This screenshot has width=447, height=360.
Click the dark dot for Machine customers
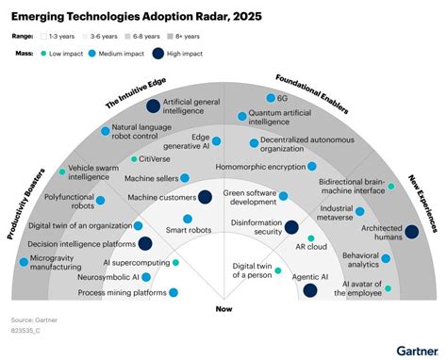coord(205,197)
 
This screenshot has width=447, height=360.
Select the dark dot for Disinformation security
coord(265,226)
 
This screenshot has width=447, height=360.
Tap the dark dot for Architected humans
coord(411,231)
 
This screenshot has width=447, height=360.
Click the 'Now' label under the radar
coord(223,308)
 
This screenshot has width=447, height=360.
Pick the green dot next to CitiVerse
coord(133,159)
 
